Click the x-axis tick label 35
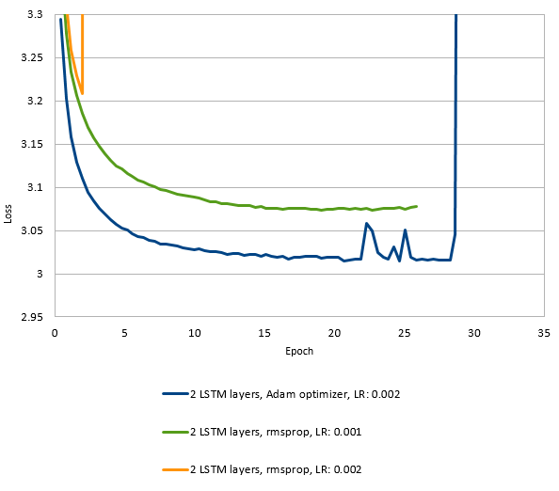543,332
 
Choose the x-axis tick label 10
194,332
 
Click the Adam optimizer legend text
295,394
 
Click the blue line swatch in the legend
174,394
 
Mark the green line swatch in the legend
174,432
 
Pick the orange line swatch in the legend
174,468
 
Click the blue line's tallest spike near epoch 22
366,223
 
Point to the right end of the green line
417,206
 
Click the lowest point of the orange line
82,94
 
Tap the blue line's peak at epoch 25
405,230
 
